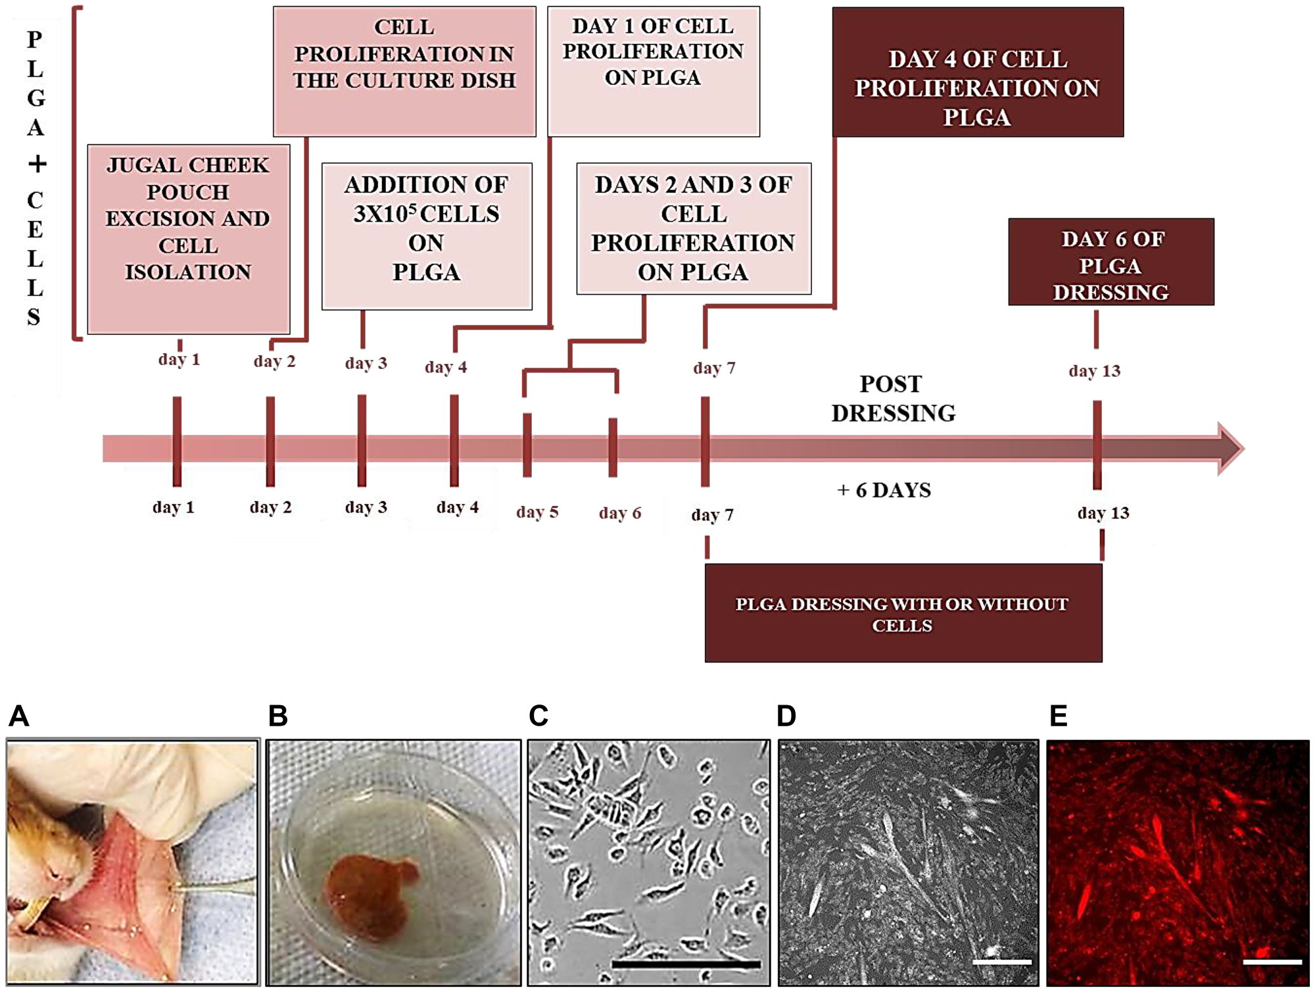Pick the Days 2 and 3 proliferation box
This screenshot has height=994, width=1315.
pos(694,228)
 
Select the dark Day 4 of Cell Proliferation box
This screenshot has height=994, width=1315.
pos(977,72)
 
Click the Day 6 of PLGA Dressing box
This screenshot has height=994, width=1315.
pos(1111,262)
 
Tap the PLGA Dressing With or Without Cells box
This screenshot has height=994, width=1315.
pos(903,613)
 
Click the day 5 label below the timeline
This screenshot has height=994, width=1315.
pos(537,512)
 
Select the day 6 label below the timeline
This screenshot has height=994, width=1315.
pos(619,513)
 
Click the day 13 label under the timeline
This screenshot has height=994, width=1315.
pos(1103,513)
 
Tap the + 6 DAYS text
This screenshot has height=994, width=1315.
pos(884,490)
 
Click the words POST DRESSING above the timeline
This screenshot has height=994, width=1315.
pos(893,399)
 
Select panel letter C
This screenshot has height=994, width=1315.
pos(538,716)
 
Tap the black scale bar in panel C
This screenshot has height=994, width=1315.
pos(685,964)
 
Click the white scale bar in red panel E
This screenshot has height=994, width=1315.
pos(1272,962)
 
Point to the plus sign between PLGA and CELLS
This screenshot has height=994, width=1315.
pos(37,163)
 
